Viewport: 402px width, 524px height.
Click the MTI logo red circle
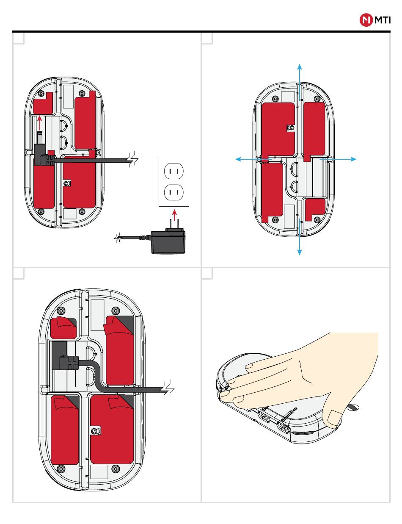pyautogui.click(x=366, y=20)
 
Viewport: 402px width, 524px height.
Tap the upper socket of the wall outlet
pyautogui.click(x=173, y=171)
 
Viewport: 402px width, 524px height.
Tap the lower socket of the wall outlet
pyautogui.click(x=173, y=192)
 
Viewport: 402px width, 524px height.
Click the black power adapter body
pyautogui.click(x=168, y=242)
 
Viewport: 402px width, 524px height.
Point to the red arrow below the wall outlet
pyautogui.click(x=175, y=215)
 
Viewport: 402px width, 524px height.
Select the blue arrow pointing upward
pyautogui.click(x=300, y=82)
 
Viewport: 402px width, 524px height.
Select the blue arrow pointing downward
pyautogui.click(x=300, y=237)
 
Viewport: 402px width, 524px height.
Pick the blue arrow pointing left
pyautogui.click(x=253, y=159)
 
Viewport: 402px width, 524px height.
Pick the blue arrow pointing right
pyautogui.click(x=338, y=159)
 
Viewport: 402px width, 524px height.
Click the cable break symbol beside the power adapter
pyautogui.click(x=118, y=238)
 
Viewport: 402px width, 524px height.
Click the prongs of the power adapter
pyautogui.click(x=174, y=224)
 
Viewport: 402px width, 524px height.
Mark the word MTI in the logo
pyautogui.click(x=382, y=20)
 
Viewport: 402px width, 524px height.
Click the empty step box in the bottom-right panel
pyautogui.click(x=207, y=274)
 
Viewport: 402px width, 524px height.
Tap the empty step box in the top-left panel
pyautogui.click(x=19, y=39)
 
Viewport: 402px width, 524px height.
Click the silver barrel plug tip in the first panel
pyautogui.click(x=40, y=137)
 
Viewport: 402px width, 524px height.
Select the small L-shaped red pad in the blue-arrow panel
pyautogui.click(x=315, y=210)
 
